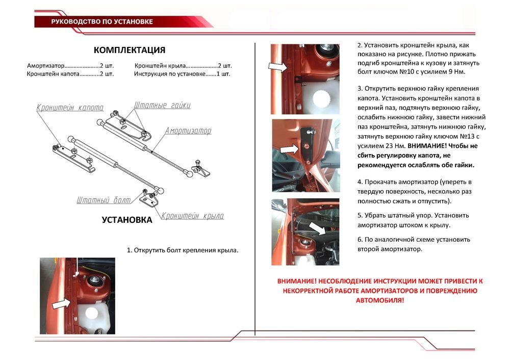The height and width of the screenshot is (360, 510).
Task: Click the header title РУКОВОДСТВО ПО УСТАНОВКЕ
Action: tap(102, 21)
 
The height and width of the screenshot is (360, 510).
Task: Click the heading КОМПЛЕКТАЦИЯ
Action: tap(129, 50)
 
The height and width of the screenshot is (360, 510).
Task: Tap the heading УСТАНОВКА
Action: tap(126, 220)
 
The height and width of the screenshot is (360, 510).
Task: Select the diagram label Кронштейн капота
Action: tap(70, 108)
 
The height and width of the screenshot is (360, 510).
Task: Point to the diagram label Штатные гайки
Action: tap(162, 106)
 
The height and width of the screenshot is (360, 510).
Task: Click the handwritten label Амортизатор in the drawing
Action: tap(188, 131)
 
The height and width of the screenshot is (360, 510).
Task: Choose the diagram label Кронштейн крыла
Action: tap(193, 216)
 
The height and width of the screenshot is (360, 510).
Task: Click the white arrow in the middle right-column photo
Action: tap(290, 149)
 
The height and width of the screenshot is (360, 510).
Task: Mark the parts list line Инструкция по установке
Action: tap(182, 74)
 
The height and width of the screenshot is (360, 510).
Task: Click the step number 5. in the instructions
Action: tap(360, 215)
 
